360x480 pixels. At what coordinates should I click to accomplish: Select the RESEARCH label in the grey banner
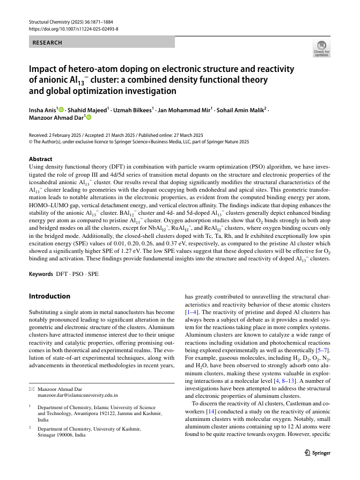coord(48,42)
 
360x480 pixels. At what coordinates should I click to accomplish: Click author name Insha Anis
coord(42,110)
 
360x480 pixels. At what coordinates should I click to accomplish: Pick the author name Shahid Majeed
coord(87,110)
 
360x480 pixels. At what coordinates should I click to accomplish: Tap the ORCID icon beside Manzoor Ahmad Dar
coord(89,117)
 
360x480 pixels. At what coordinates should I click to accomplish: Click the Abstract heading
coord(40,159)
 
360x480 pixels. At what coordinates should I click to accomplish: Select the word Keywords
coord(42,274)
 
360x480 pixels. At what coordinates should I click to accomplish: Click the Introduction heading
coord(49,296)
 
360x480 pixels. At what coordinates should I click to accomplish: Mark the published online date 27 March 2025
coord(181,135)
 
